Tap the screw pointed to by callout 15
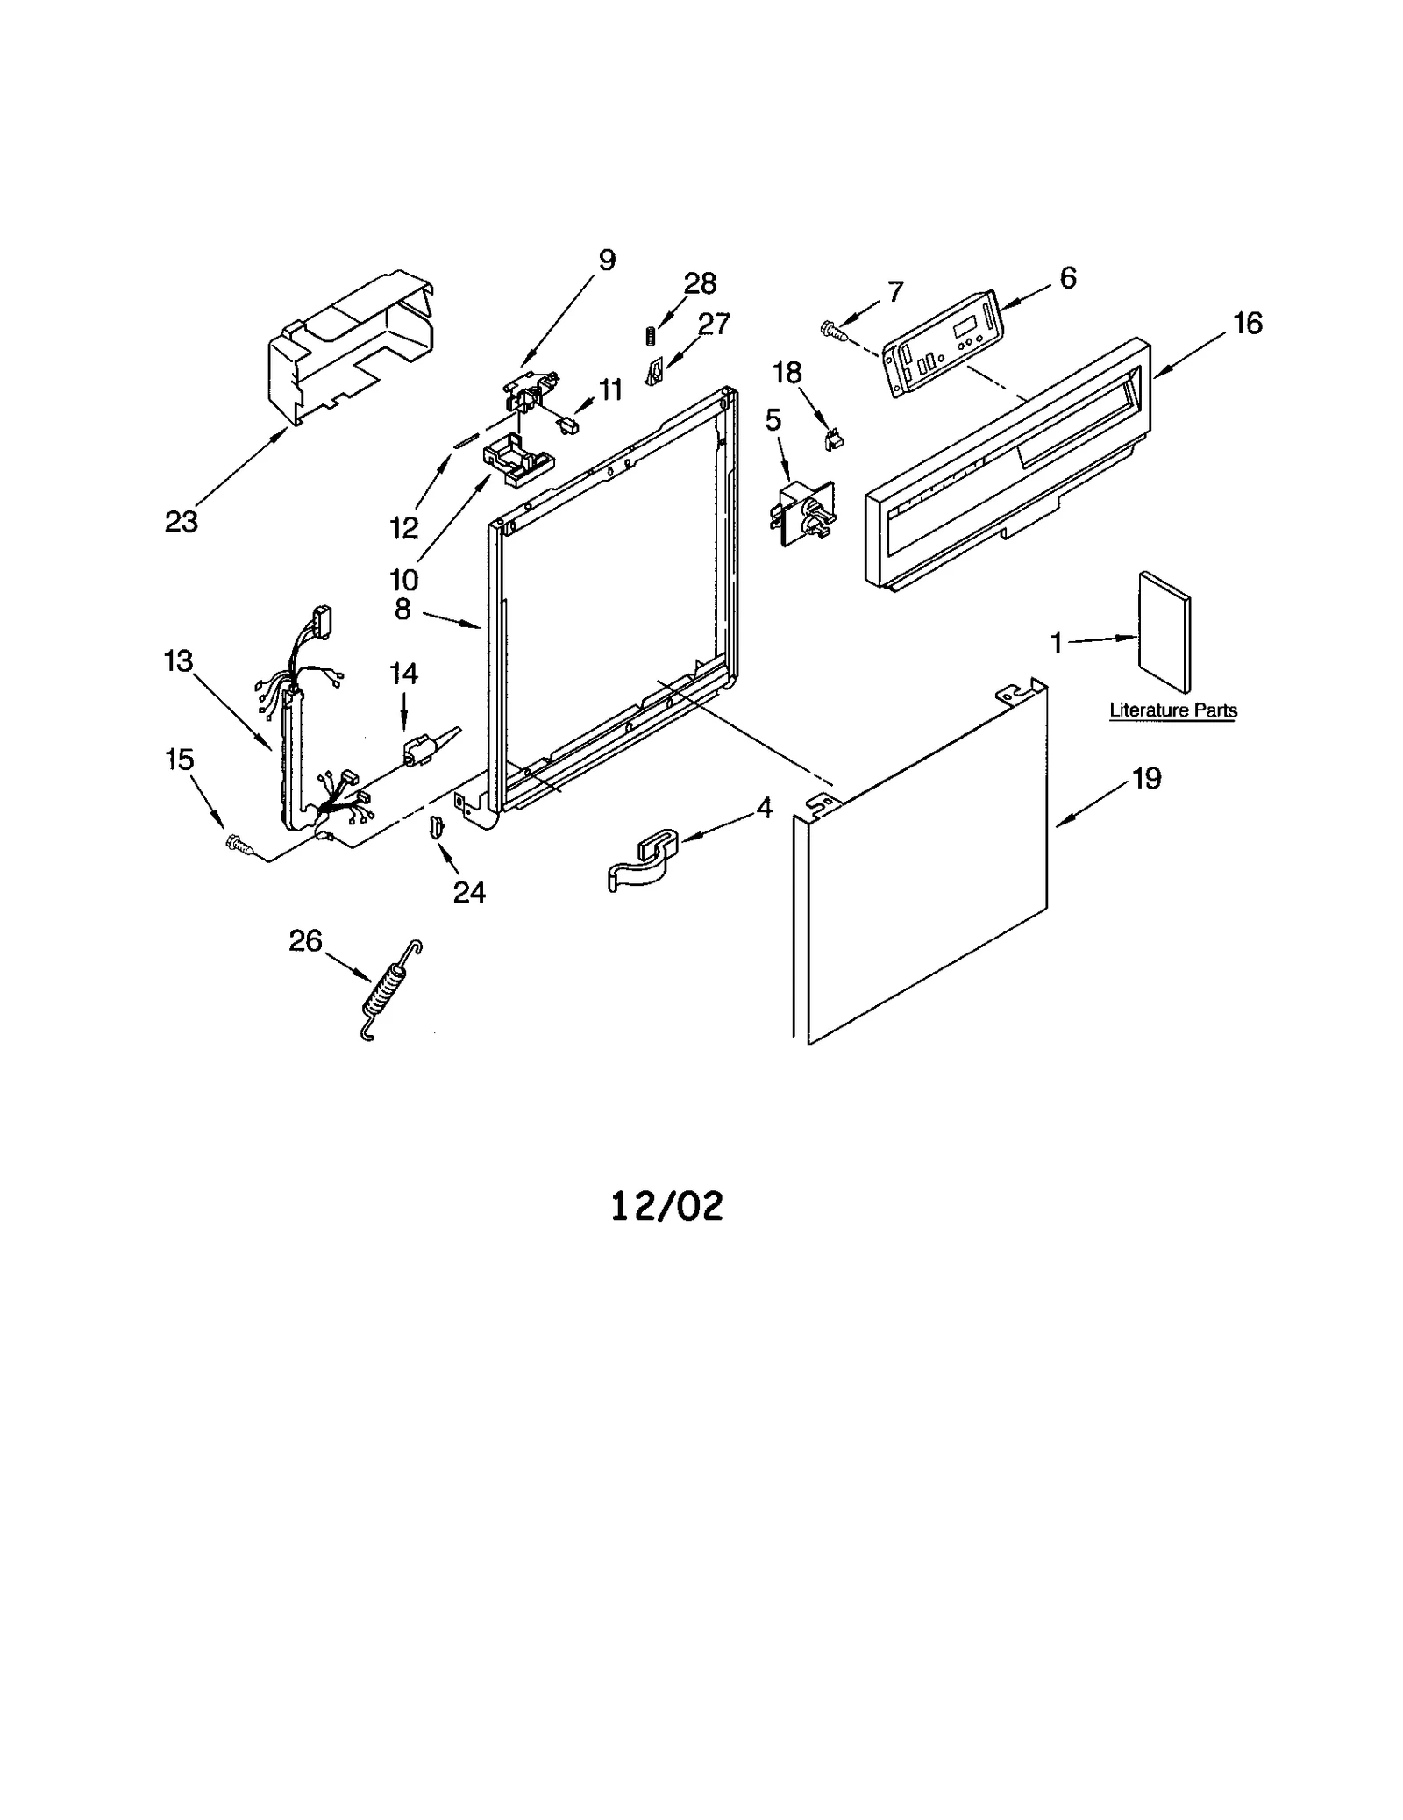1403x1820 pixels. (239, 844)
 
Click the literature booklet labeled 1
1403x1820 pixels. (1164, 632)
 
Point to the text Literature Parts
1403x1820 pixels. (1172, 710)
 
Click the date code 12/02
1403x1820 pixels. (666, 1206)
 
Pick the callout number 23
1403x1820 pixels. (182, 522)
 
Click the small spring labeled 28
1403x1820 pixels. (651, 335)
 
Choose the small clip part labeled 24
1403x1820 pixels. (435, 826)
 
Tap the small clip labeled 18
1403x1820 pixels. (833, 439)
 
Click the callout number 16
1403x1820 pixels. (1248, 324)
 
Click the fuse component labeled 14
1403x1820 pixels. (419, 750)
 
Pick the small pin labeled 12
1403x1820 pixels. (466, 440)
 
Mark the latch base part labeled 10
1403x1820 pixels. (517, 461)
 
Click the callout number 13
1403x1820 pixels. (178, 660)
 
